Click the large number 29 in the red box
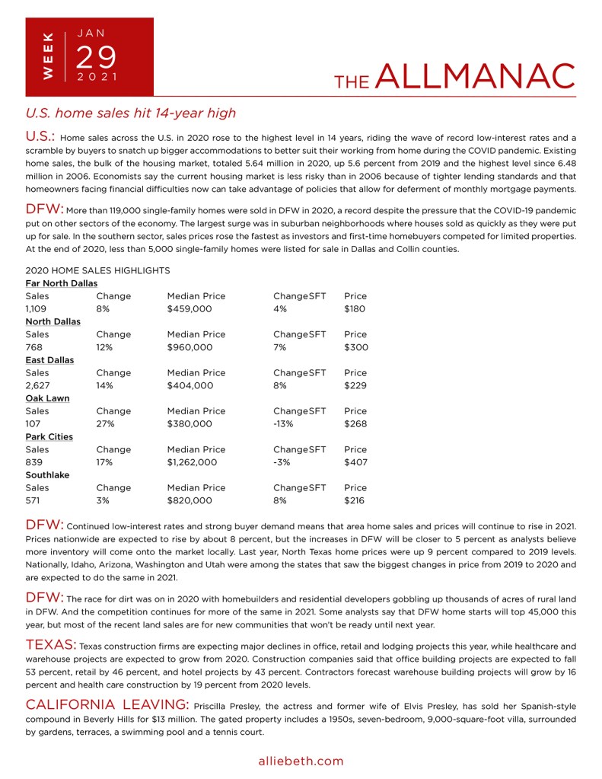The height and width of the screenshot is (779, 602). [97, 57]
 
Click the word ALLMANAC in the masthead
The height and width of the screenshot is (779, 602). [475, 77]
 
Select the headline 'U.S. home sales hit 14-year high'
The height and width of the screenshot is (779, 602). [131, 113]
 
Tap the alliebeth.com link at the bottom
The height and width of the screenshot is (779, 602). [301, 761]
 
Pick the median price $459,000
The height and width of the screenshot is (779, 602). [190, 309]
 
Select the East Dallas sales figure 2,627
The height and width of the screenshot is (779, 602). [38, 386]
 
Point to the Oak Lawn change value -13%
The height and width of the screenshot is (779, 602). [284, 424]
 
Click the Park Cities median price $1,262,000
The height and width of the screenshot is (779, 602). [193, 462]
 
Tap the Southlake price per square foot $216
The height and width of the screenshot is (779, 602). [355, 501]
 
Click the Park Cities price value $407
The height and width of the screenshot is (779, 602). [355, 462]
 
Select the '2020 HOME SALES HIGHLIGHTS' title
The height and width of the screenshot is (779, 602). [97, 270]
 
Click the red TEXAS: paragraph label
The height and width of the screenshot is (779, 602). [50, 645]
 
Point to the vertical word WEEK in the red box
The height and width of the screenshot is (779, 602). [48, 56]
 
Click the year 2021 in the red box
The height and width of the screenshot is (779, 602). [97, 77]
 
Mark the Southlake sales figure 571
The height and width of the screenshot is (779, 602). [35, 501]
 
